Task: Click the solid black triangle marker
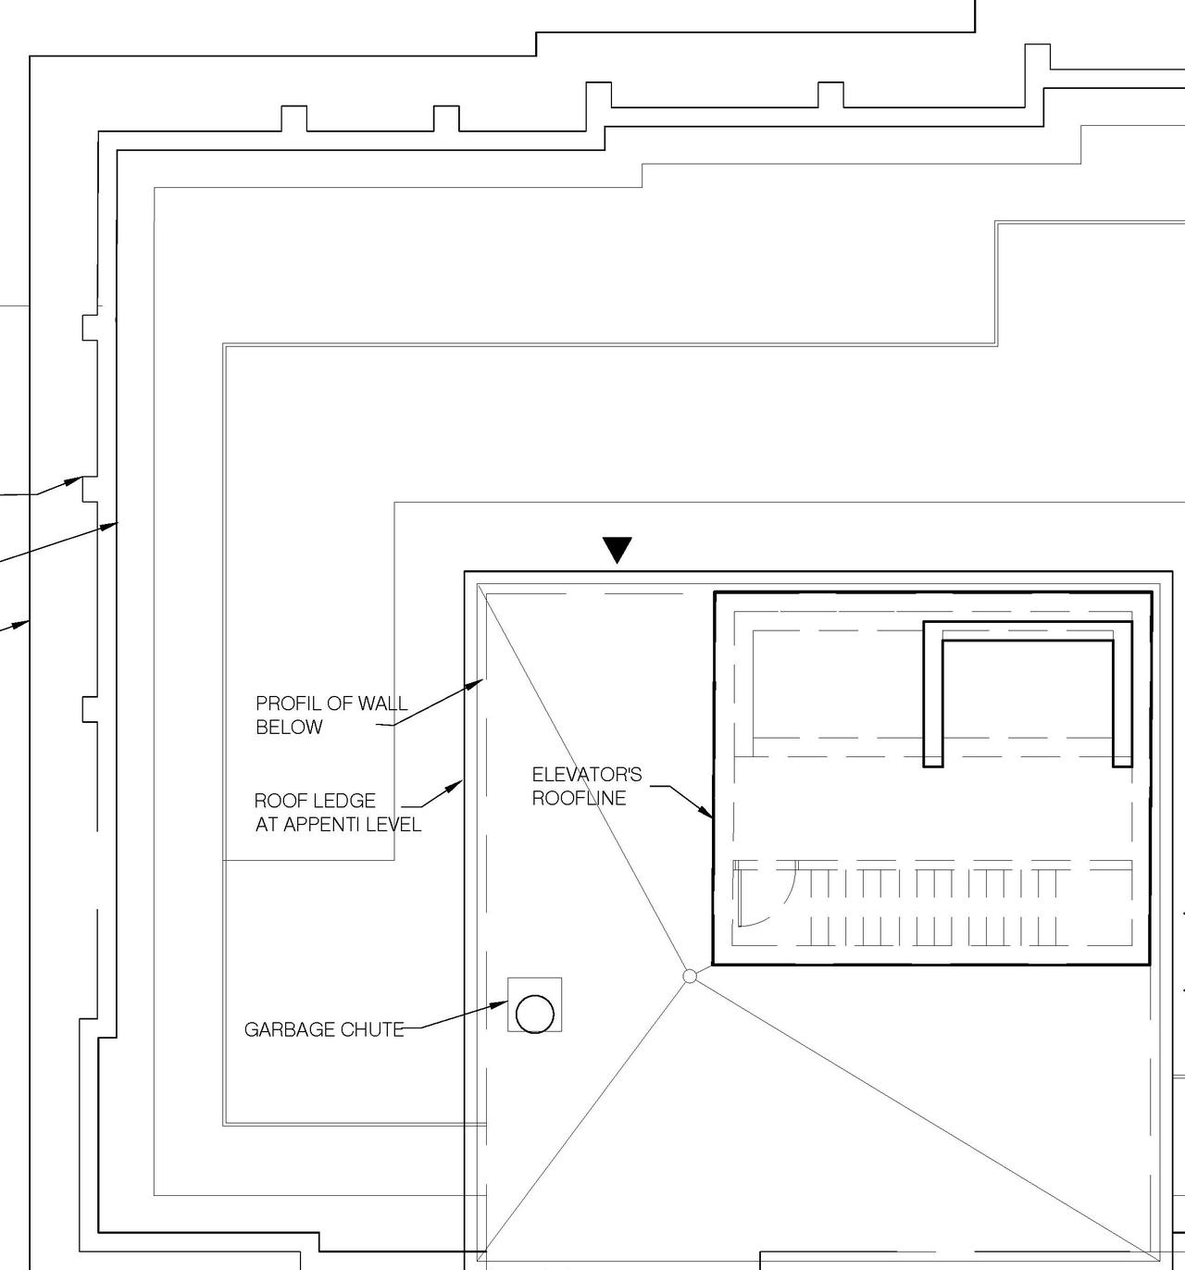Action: coord(617,549)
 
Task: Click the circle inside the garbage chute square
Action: coord(534,1014)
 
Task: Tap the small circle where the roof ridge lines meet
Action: coord(689,976)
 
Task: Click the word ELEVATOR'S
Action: coord(586,774)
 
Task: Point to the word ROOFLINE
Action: coord(579,798)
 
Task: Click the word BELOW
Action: coord(289,728)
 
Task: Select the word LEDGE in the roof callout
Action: coord(346,801)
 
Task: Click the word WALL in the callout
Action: coord(382,703)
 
